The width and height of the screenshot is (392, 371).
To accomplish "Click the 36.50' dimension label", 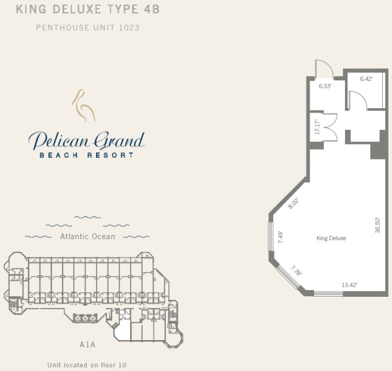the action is click(x=378, y=226).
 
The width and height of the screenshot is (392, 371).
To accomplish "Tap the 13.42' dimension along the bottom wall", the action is click(x=349, y=284).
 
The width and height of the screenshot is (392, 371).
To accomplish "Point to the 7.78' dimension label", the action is click(x=297, y=271).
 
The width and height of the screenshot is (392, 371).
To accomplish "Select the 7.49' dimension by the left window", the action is click(x=281, y=237).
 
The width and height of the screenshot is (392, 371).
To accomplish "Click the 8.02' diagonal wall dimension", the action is click(x=294, y=203).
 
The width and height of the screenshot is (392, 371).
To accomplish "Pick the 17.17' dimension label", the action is click(x=317, y=127).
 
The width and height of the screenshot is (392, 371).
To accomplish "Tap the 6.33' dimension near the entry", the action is click(x=325, y=86).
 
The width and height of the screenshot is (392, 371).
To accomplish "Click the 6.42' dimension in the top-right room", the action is click(x=366, y=79).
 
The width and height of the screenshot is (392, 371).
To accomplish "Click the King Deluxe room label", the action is click(x=331, y=238).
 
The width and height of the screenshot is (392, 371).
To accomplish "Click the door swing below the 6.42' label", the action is click(x=358, y=100).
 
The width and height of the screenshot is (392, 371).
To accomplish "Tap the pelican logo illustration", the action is click(x=84, y=106).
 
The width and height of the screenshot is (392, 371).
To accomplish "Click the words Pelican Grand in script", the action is click(x=87, y=140).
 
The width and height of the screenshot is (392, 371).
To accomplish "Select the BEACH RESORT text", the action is click(x=87, y=155).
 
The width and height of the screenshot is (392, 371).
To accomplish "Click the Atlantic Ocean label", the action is click(x=88, y=236).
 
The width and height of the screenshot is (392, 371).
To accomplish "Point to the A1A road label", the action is click(x=87, y=344).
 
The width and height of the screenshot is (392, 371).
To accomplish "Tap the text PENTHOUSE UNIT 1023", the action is click(x=88, y=27).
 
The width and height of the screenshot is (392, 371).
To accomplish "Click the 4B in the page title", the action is click(x=152, y=9).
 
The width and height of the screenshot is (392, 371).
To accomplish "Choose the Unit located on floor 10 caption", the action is click(x=87, y=365).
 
